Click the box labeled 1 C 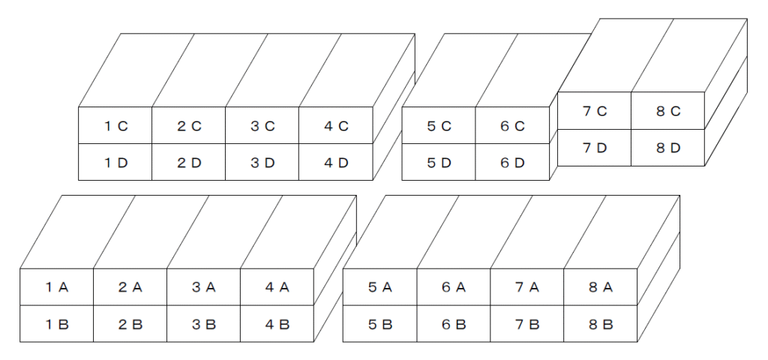[115, 125]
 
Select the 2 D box [188, 162]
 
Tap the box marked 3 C [262, 125]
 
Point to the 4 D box [336, 162]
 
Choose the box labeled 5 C [438, 125]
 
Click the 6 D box [512, 162]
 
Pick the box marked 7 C [594, 111]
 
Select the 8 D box [668, 148]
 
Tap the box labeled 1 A [57, 287]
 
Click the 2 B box [130, 324]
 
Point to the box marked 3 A [204, 287]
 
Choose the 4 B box [277, 324]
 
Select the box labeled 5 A [380, 287]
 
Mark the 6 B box [454, 324]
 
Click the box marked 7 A [527, 287]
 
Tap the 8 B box [601, 324]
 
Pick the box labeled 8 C [668, 111]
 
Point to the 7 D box [594, 148]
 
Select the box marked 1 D [115, 162]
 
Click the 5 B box [380, 324]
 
